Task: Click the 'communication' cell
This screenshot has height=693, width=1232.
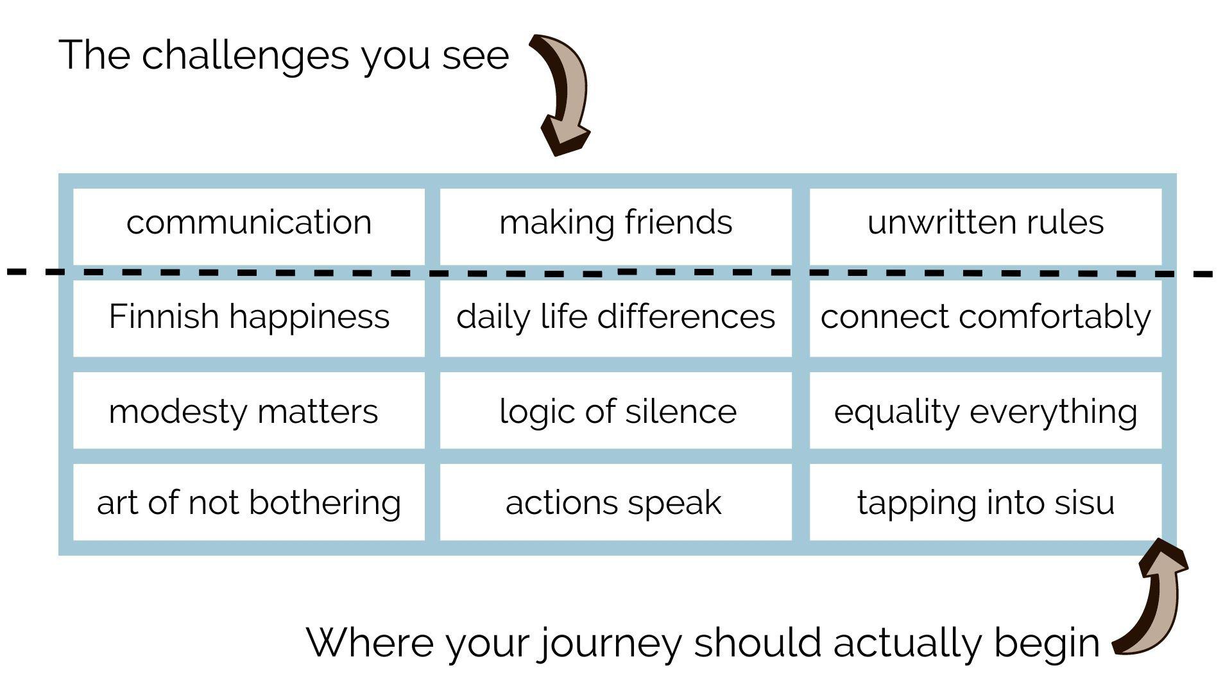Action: (249, 227)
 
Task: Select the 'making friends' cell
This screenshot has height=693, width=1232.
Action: (616, 227)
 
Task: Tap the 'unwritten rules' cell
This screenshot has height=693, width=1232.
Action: (986, 227)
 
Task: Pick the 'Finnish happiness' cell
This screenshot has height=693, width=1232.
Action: (249, 318)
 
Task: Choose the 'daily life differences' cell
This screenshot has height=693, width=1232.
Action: (616, 318)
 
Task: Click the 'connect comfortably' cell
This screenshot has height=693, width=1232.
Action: (986, 318)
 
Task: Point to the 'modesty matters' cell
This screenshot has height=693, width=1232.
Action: (249, 411)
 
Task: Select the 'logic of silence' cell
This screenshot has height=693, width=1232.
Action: (616, 411)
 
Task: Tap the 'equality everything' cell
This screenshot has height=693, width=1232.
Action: (986, 411)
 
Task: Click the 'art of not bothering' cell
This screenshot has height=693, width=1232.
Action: (249, 502)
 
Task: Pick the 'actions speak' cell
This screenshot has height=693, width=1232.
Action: (616, 502)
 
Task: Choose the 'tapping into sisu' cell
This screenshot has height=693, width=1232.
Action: (986, 502)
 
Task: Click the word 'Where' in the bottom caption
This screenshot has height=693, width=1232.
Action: (370, 642)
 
